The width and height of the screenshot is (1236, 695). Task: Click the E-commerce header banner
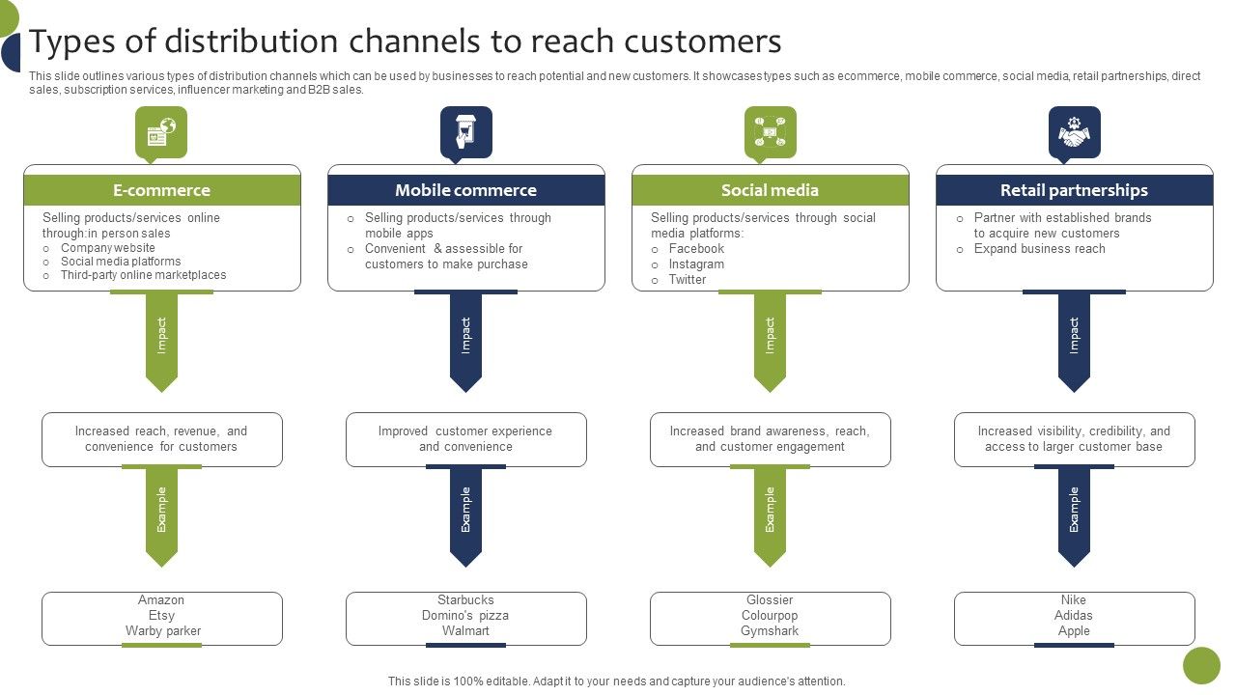pos(161,190)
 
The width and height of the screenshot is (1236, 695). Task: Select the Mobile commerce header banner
pos(465,190)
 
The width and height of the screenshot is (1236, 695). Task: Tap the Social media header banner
pos(770,190)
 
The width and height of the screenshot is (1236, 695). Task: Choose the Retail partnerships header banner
pos(1074,190)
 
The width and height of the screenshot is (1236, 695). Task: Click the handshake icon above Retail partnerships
pos(1074,131)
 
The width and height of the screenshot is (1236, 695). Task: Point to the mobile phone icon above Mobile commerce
pos(465,131)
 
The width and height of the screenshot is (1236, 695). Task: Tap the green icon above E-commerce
pos(161,131)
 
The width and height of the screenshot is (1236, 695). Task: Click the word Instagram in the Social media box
pos(696,264)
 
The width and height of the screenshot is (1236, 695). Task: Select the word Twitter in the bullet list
pos(688,280)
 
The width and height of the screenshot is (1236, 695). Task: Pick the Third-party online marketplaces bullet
pos(143,275)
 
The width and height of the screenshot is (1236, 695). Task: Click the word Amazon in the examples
pos(161,600)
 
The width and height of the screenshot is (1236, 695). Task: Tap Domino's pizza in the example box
pos(465,616)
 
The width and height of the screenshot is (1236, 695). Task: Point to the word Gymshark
pos(770,631)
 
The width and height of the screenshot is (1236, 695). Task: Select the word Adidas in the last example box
pos(1074,616)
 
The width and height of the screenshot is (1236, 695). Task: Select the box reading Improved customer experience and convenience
pos(465,439)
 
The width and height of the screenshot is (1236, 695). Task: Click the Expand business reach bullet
pos(1039,249)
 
